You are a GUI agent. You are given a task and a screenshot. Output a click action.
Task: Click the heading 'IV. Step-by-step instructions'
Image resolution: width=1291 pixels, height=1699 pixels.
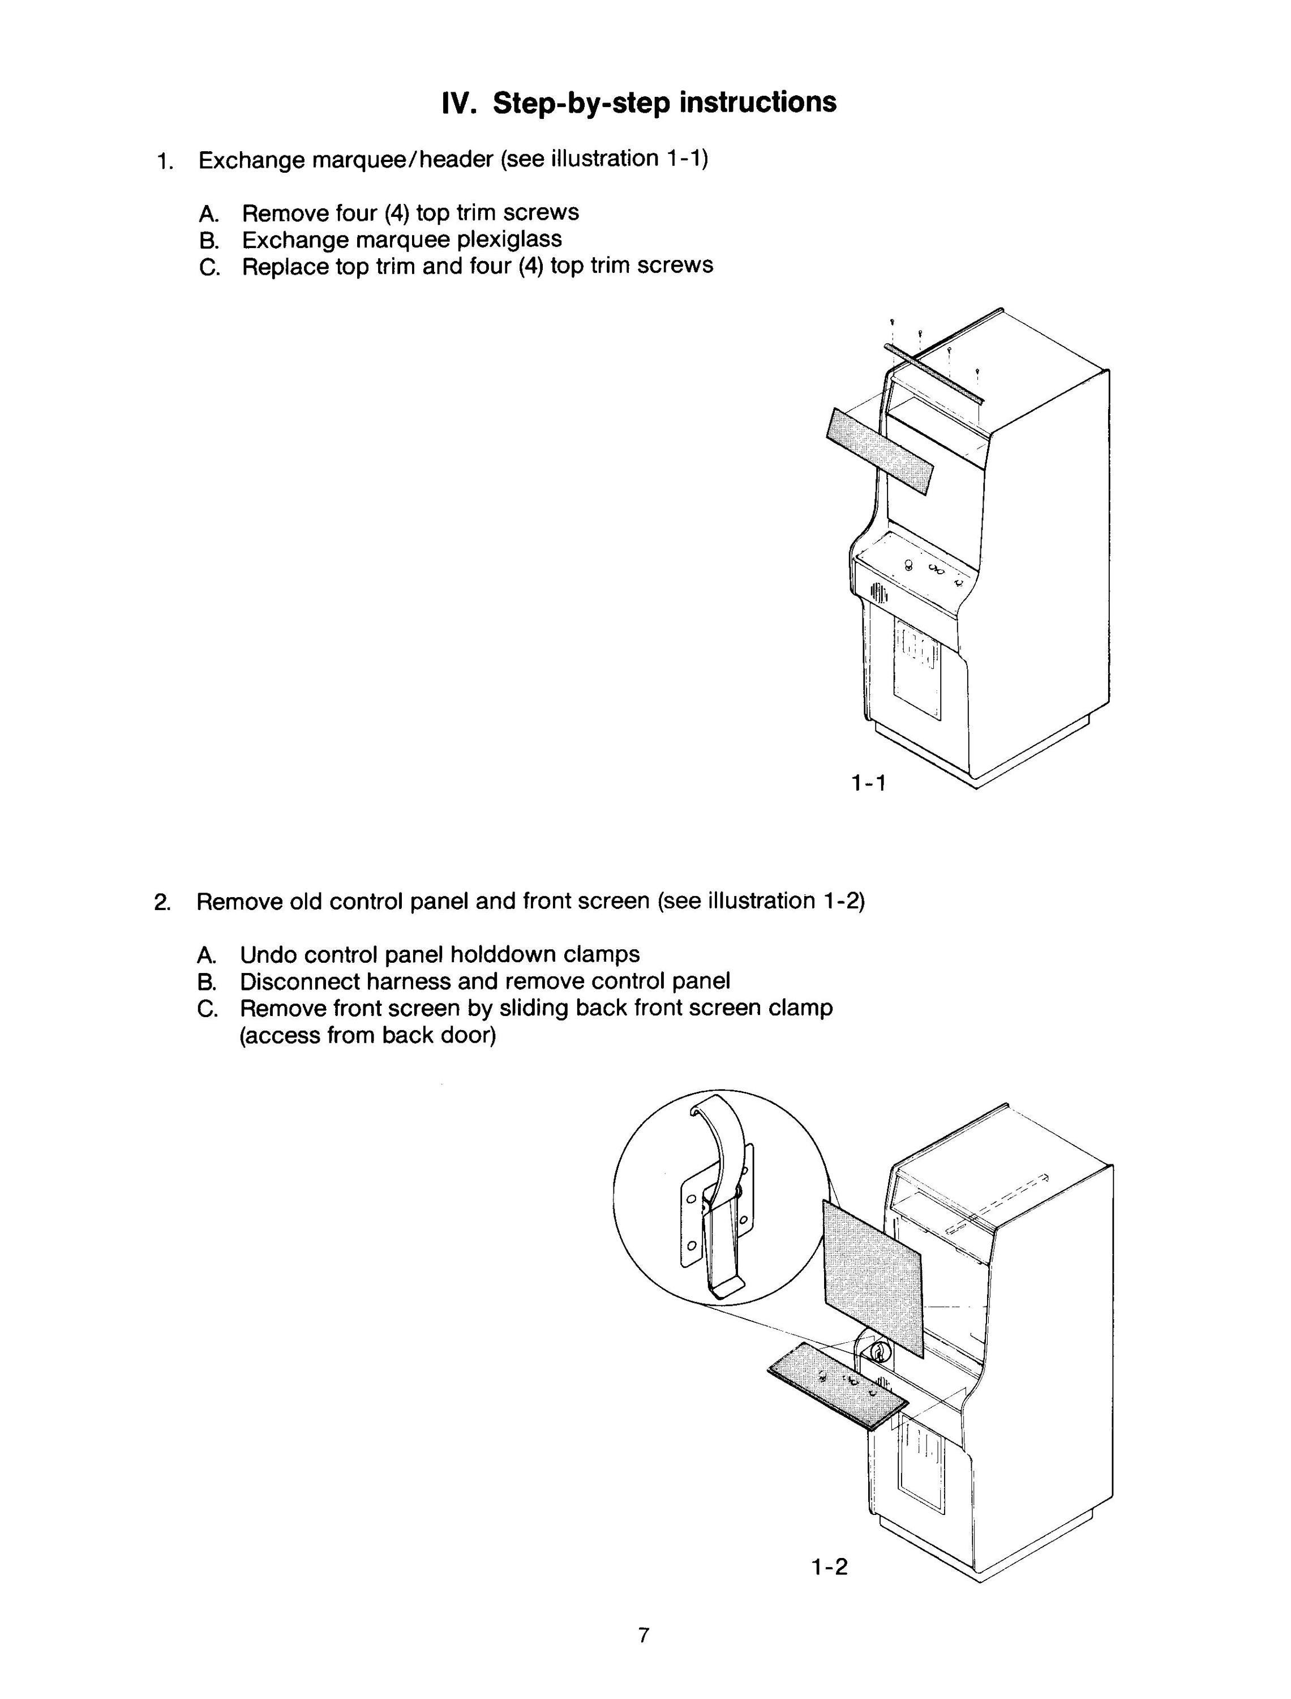[x=640, y=103]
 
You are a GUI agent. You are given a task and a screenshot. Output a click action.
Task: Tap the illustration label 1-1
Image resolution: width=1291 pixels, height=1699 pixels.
[x=869, y=783]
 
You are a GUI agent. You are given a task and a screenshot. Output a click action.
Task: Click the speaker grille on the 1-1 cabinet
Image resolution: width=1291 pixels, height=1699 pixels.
[x=878, y=593]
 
